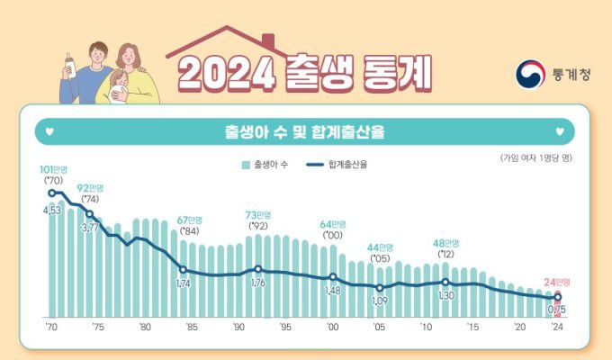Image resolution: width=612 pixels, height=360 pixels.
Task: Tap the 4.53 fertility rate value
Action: [x=53, y=211]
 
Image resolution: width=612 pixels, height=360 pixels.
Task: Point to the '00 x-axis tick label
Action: [x=333, y=327]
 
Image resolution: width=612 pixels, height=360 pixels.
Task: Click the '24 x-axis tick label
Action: [x=559, y=327]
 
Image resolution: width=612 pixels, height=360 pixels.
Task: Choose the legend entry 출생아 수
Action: [x=267, y=165]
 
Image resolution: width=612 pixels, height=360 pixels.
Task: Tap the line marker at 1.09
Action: [x=381, y=287]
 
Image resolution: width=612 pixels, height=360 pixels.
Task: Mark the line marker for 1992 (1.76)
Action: [x=258, y=269]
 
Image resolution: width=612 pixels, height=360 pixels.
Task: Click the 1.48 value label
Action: [x=332, y=291]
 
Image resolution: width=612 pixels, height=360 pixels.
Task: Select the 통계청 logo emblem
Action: [x=529, y=75]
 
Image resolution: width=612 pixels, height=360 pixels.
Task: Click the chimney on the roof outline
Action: [x=268, y=42]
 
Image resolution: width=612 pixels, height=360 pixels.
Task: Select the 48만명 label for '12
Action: [x=445, y=243]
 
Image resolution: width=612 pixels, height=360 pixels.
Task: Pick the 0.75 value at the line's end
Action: [x=558, y=310]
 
